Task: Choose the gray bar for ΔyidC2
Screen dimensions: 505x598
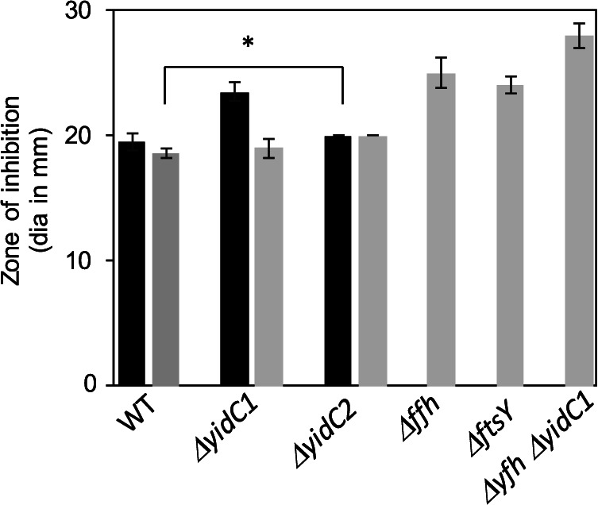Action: [x=372, y=261]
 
